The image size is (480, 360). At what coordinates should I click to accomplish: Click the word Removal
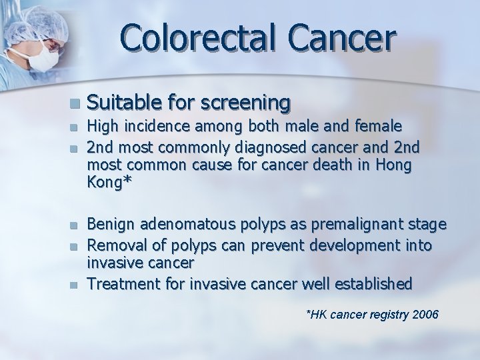pyautogui.click(x=115, y=246)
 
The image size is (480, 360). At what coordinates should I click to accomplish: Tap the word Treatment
pyautogui.click(x=122, y=285)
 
